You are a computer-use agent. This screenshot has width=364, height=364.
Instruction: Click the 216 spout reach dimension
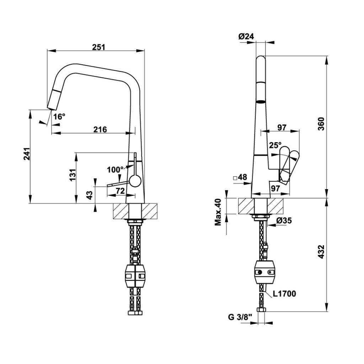[x=100, y=129]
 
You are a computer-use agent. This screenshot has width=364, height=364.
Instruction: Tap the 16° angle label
[x=59, y=116]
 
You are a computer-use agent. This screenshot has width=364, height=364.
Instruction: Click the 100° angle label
[x=115, y=170]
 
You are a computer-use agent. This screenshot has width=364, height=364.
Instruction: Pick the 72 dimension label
[x=120, y=191]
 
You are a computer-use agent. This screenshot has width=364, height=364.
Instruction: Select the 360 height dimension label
[x=321, y=124]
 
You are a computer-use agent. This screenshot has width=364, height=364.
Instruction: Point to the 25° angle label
[x=275, y=145]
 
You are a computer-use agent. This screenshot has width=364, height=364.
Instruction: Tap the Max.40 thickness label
[x=218, y=212]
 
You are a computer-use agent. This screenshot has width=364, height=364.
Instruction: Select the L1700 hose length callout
[x=284, y=294]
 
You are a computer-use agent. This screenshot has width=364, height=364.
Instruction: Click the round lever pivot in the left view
[x=134, y=181]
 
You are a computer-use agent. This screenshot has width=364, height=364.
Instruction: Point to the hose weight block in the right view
[x=265, y=272]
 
